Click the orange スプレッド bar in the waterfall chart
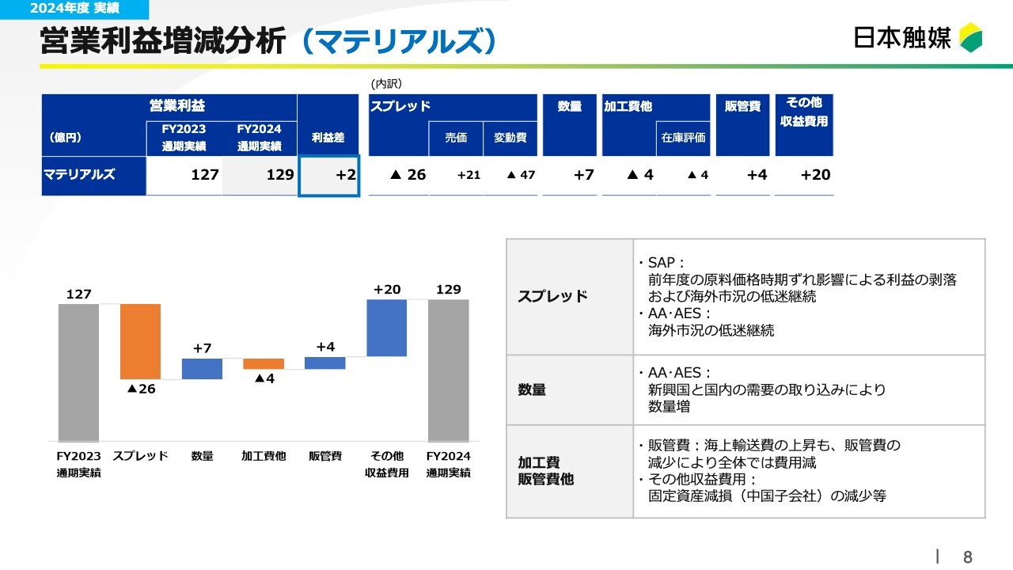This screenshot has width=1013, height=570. click(140, 341)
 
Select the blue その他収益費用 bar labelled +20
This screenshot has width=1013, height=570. click(387, 328)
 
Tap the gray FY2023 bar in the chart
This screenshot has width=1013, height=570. click(78, 372)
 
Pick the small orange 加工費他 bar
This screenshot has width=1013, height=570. click(264, 363)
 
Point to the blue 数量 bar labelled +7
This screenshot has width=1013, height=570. click(202, 369)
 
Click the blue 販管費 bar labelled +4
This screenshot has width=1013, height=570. click(325, 363)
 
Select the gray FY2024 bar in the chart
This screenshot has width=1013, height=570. click(449, 370)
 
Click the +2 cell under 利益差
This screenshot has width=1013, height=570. click(328, 176)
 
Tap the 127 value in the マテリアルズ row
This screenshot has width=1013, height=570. click(205, 175)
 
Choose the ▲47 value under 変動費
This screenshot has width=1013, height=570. click(521, 175)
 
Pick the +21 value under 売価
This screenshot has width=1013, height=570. click(469, 175)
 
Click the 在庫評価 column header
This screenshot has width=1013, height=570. click(683, 138)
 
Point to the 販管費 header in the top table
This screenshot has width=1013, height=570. click(742, 106)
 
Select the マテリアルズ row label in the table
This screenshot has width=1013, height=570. click(80, 174)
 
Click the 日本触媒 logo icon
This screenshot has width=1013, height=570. click(970, 37)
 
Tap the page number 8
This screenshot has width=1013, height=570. click(968, 557)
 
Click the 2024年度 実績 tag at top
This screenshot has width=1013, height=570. click(74, 9)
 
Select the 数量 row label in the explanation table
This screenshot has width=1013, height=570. click(532, 389)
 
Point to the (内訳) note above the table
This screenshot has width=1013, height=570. click(386, 84)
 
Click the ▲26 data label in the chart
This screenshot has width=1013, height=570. click(141, 389)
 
